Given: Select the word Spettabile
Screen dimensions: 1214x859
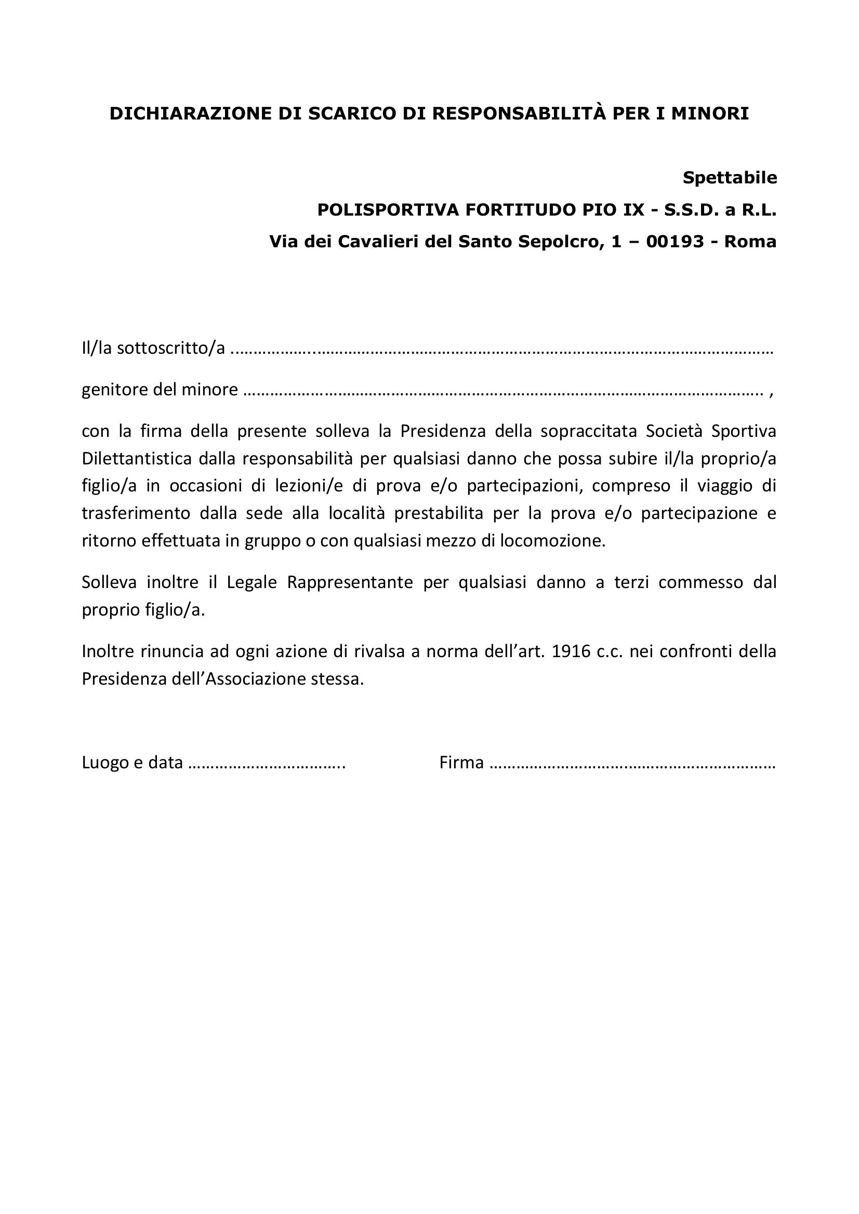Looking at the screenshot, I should (730, 178).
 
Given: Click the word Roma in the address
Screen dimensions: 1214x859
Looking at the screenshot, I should (750, 242).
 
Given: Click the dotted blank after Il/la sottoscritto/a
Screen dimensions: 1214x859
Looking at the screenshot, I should (503, 351).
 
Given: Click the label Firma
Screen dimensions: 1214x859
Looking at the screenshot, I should (461, 763).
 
